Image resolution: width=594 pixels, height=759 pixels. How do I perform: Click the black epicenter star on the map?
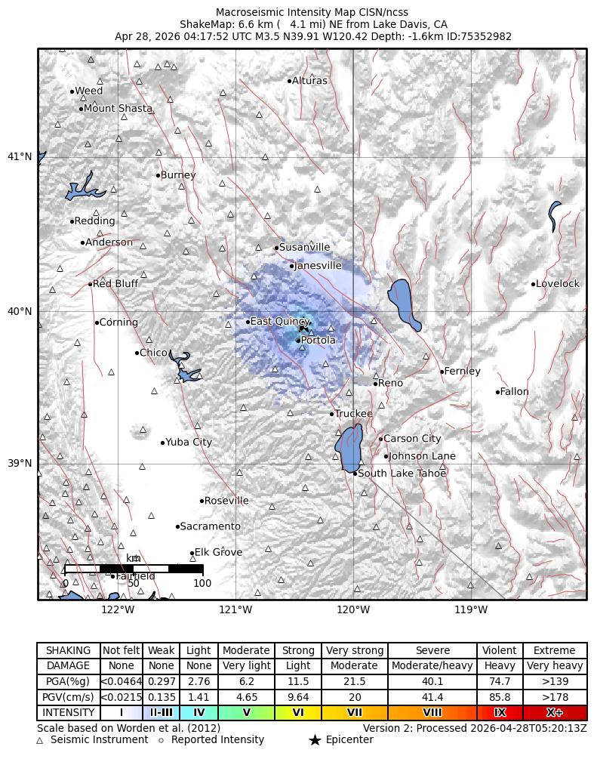point(303,327)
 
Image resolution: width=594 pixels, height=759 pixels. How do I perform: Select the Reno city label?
point(390,383)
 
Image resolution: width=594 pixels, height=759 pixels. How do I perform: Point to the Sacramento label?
point(210,526)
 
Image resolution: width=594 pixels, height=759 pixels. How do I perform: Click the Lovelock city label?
point(557,284)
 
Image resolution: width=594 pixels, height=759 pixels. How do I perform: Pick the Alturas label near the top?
point(309,80)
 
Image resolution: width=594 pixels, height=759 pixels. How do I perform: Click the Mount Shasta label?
point(117,108)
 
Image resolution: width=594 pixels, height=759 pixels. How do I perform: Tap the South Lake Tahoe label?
point(402,473)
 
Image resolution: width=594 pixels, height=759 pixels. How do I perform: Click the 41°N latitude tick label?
point(20,156)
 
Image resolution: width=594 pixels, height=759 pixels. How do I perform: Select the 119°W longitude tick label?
point(472,609)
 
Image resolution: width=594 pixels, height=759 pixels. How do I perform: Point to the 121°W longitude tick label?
point(235,609)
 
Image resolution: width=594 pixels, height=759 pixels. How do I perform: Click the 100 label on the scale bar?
point(202,582)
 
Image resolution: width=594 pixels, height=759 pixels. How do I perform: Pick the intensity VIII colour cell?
point(432,712)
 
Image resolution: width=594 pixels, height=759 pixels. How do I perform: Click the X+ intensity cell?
point(554,712)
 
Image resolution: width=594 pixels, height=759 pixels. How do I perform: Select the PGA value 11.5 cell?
point(298,681)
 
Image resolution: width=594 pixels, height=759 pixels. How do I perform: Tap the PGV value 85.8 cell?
point(500,697)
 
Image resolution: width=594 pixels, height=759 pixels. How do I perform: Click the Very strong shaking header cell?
point(354,650)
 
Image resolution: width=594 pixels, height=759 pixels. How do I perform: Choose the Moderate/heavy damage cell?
point(432,666)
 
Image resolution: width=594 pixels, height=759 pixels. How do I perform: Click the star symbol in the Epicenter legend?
point(315,740)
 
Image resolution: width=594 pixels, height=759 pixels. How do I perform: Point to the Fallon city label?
point(514,391)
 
